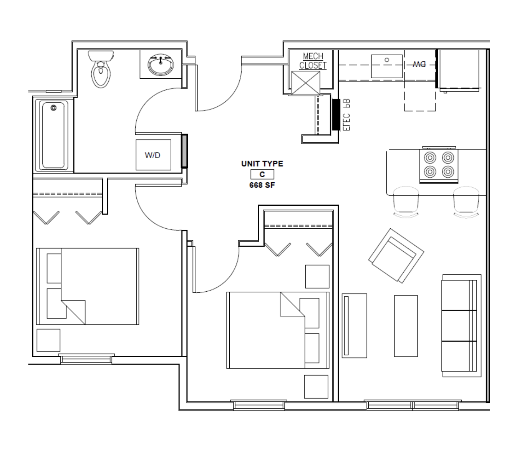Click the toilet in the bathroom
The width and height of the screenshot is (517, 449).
(x=101, y=69)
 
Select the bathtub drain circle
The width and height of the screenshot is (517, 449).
(x=53, y=108)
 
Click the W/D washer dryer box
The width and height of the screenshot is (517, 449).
(x=153, y=155)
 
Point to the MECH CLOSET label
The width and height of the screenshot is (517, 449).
(x=313, y=61)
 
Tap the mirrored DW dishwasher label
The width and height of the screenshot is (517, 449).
(x=419, y=64)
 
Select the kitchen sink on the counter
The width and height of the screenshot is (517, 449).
(x=386, y=66)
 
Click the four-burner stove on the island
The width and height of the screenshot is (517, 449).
(x=439, y=165)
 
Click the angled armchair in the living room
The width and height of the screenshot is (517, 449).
(x=396, y=256)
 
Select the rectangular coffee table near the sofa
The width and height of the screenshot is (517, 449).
(x=406, y=326)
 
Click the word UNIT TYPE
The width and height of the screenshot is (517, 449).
(x=262, y=163)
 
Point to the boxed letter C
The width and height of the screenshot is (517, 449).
(x=262, y=174)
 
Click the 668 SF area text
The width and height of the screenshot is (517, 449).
(x=262, y=185)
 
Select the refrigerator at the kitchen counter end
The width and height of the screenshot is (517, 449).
(x=459, y=70)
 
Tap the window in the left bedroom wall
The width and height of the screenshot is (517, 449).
(x=86, y=359)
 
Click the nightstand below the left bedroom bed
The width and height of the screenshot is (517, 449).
(x=48, y=340)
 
